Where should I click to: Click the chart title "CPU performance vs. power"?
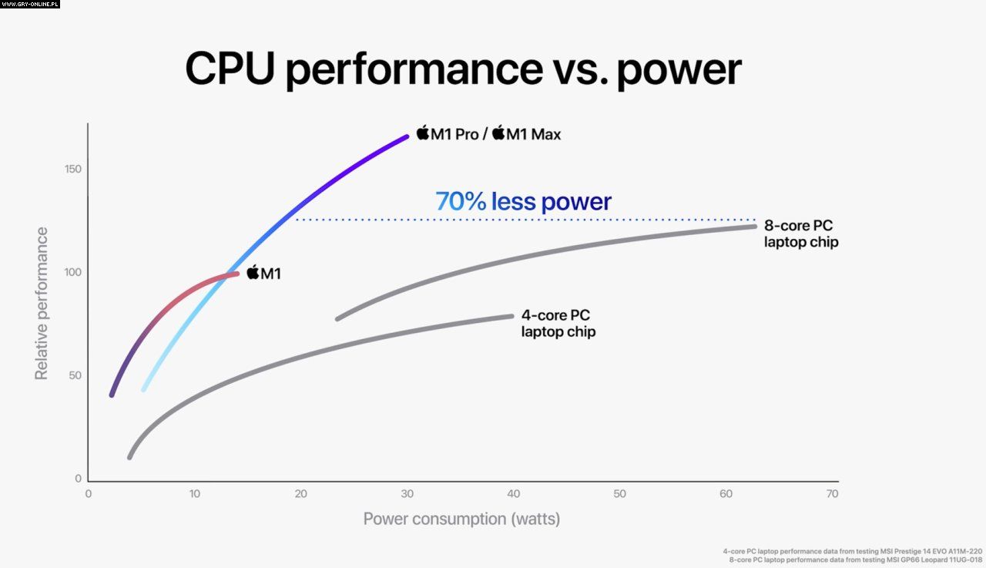pyautogui.click(x=463, y=69)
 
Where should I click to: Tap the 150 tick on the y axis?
pyautogui.click(x=73, y=170)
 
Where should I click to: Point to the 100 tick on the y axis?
pyautogui.click(x=73, y=272)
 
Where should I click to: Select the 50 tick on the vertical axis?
pyautogui.click(x=75, y=375)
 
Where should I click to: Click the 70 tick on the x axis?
pyautogui.click(x=830, y=494)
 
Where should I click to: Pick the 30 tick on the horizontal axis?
pyautogui.click(x=407, y=494)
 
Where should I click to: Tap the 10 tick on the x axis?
pyautogui.click(x=194, y=494)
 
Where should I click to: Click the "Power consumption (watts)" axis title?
pyautogui.click(x=461, y=519)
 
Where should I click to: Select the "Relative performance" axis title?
pyautogui.click(x=42, y=303)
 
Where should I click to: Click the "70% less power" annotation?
pyautogui.click(x=523, y=202)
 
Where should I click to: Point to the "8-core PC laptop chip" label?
pyautogui.click(x=800, y=234)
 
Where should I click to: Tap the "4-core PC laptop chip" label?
pyautogui.click(x=558, y=324)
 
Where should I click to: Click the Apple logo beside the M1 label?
pyautogui.click(x=253, y=272)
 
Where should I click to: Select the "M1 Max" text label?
pyautogui.click(x=534, y=134)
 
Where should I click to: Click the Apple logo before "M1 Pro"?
pyautogui.click(x=422, y=133)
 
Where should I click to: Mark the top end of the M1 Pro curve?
pyautogui.click(x=407, y=136)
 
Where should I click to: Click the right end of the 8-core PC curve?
pyautogui.click(x=754, y=226)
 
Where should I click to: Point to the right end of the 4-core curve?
pyautogui.click(x=511, y=315)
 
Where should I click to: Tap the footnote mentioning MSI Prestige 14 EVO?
pyautogui.click(x=853, y=551)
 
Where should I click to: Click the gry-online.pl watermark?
pyautogui.click(x=30, y=4)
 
